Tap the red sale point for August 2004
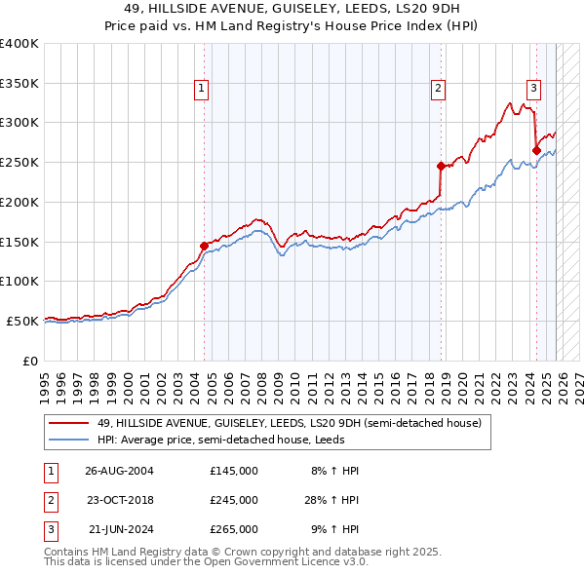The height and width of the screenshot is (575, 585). (204, 246)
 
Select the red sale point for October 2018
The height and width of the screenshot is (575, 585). (441, 166)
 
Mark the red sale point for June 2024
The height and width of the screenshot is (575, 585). (536, 150)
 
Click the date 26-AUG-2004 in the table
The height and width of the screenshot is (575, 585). (119, 471)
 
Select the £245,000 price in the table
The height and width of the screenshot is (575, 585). (234, 500)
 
